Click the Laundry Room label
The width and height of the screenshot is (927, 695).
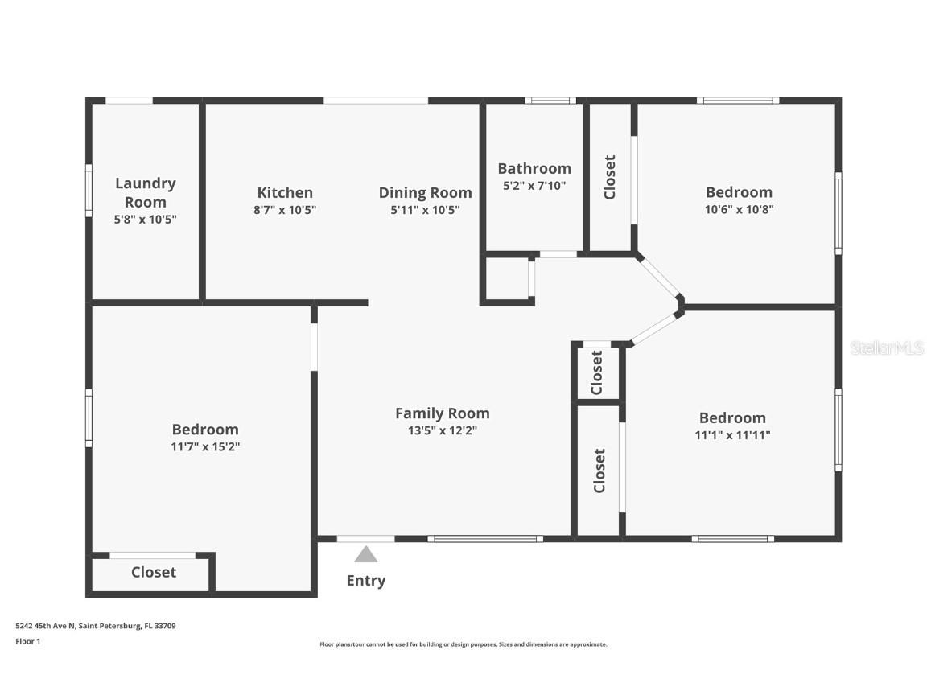(145, 192)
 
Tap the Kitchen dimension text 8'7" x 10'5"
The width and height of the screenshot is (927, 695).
(285, 210)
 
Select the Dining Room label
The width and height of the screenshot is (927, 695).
(425, 192)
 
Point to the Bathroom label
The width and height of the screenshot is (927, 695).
(534, 168)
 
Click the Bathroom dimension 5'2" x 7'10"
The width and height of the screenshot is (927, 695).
(534, 186)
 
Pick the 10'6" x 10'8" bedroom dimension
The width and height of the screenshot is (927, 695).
(739, 209)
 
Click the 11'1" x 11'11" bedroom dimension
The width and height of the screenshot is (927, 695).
(732, 435)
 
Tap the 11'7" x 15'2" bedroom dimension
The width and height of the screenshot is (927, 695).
(205, 446)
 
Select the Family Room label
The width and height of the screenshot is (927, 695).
(442, 413)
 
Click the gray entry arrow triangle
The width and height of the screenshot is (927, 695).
(366, 554)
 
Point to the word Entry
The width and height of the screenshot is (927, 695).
(366, 581)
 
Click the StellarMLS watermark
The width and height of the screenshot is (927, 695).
(887, 348)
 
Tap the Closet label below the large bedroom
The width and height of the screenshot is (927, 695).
(153, 572)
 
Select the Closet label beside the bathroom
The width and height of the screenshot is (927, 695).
(610, 177)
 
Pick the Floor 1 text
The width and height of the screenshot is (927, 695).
(27, 641)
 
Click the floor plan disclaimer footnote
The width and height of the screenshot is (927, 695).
(463, 644)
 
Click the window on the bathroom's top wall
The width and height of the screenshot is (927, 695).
(550, 101)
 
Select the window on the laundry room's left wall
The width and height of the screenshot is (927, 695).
(89, 190)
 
